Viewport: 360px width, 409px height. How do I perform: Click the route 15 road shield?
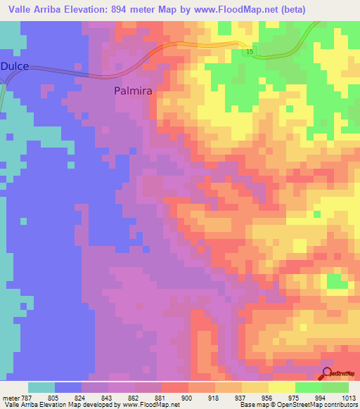coord(250,52)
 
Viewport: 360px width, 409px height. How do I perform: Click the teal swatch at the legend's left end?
coord(41,387)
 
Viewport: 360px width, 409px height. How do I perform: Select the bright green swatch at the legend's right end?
coord(335,387)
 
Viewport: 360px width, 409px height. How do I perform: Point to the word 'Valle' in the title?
coord(20,9)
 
